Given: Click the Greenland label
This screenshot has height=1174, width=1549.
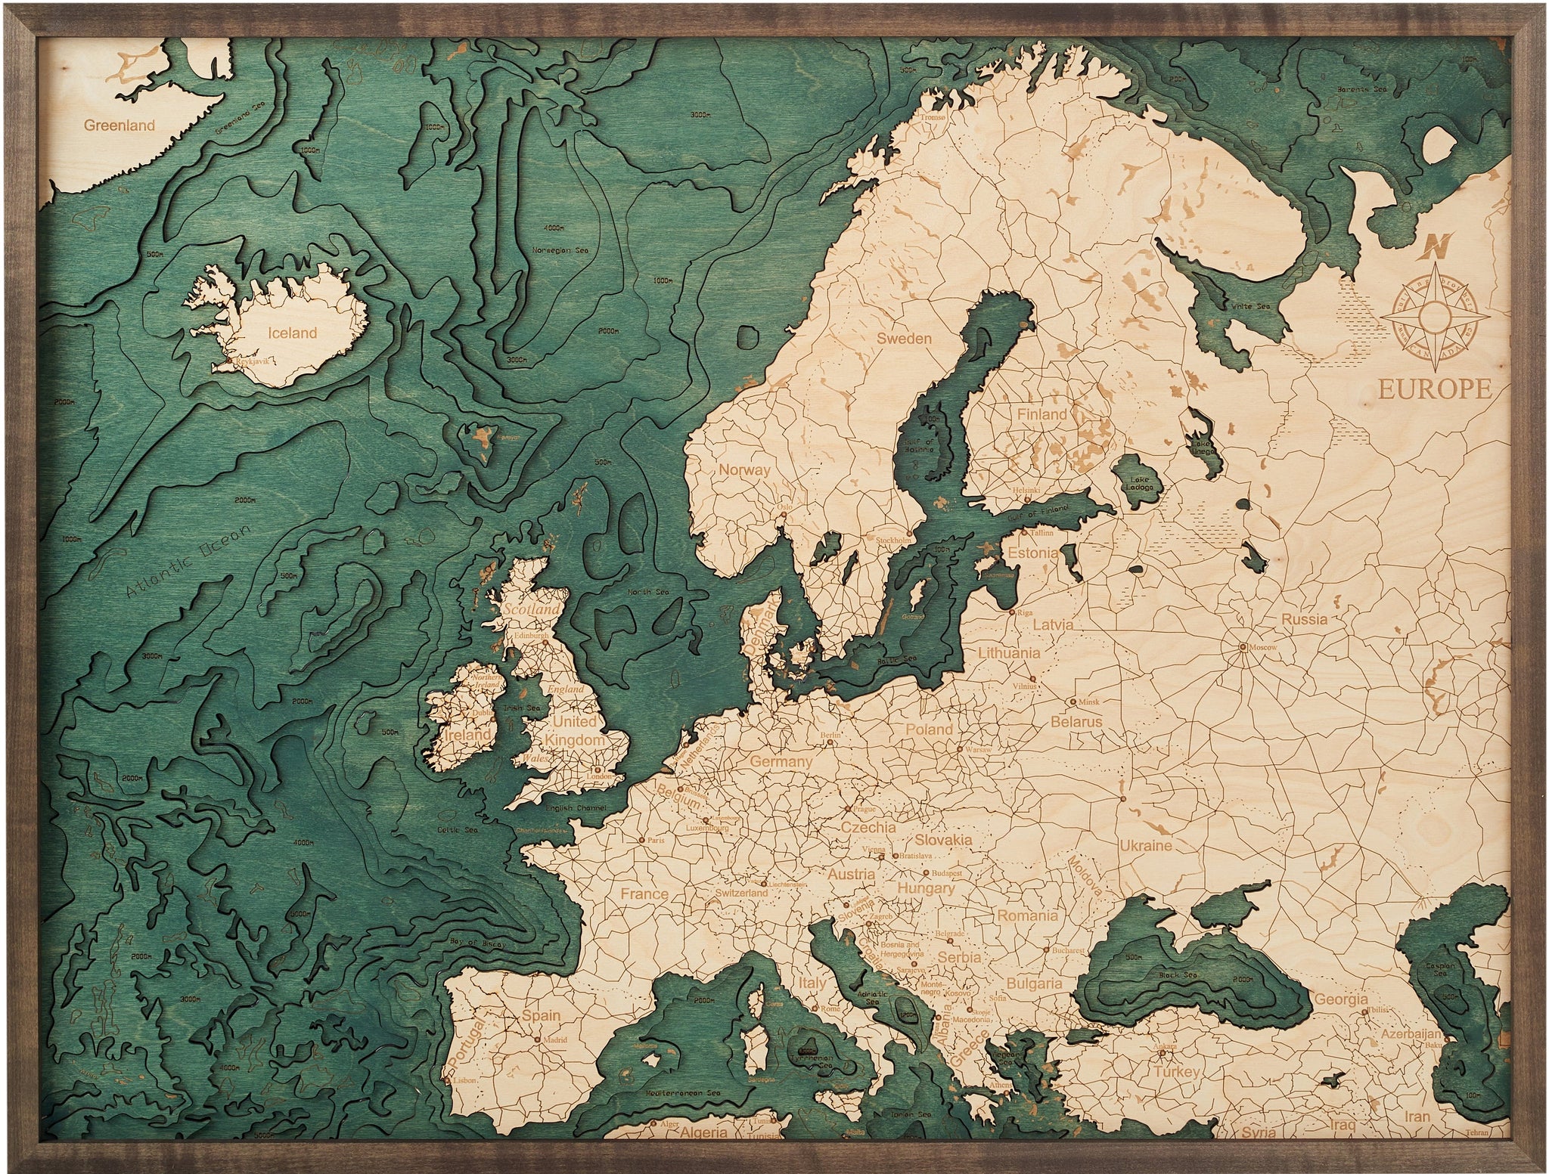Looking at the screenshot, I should pos(120,125).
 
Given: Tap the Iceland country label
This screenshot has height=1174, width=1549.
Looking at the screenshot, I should pos(293,333).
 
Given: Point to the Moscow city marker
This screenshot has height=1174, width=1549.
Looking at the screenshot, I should pos(1243,647).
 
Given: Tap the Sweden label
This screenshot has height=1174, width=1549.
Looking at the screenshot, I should pos(904,339).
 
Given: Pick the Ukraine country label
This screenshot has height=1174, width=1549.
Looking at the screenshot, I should pos(1146,845).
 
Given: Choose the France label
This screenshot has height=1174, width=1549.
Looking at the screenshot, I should pos(644,894).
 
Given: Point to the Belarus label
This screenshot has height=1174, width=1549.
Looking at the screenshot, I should pos(1076,722).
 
